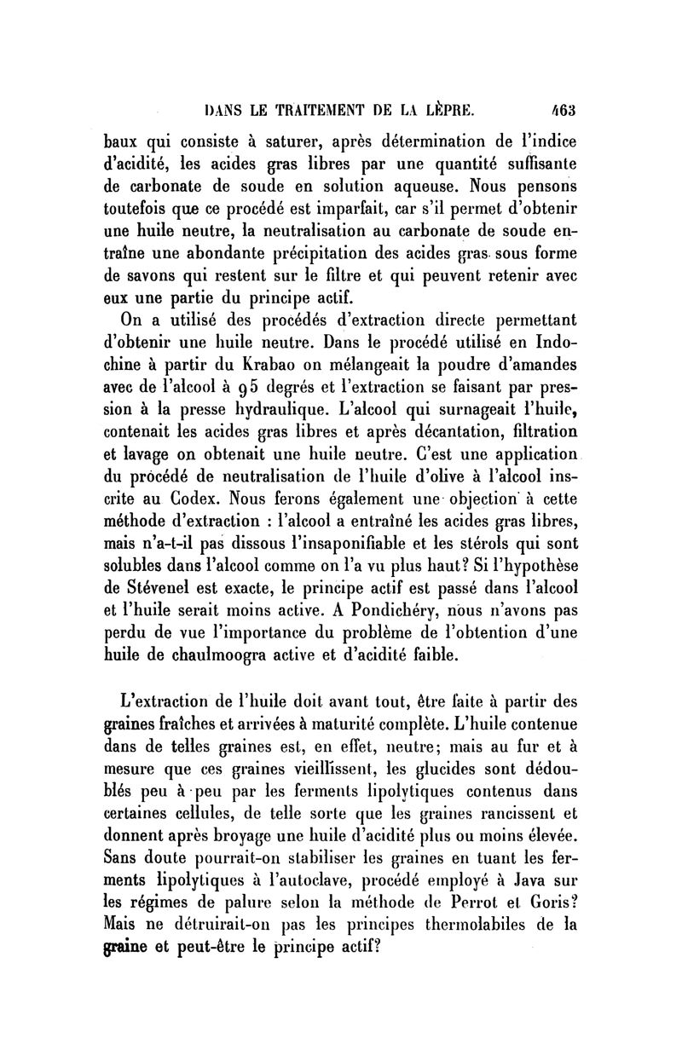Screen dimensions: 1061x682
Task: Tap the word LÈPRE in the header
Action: pyautogui.click(x=442, y=109)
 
